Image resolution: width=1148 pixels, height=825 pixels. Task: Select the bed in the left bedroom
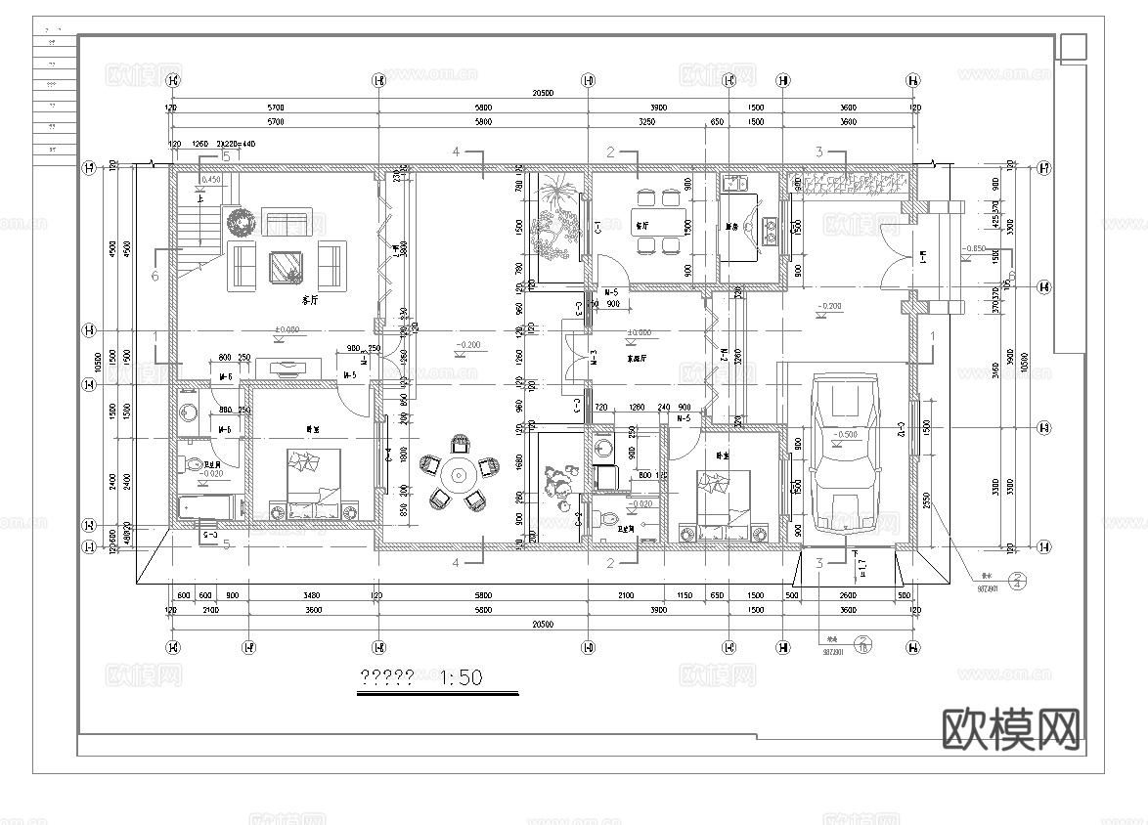[x=313, y=484]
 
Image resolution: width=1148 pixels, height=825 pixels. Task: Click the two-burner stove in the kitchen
[x=770, y=232]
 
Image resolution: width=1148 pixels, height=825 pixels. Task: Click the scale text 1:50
[x=462, y=677]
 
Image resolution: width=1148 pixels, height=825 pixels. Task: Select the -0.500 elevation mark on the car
[x=847, y=434]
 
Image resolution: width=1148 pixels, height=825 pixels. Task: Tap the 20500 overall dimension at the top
[x=543, y=94]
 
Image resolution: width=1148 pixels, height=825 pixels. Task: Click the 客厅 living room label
[x=311, y=301]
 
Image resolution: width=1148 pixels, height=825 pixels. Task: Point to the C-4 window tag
[x=388, y=455]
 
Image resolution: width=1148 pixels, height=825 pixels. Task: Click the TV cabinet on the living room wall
[x=287, y=369]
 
